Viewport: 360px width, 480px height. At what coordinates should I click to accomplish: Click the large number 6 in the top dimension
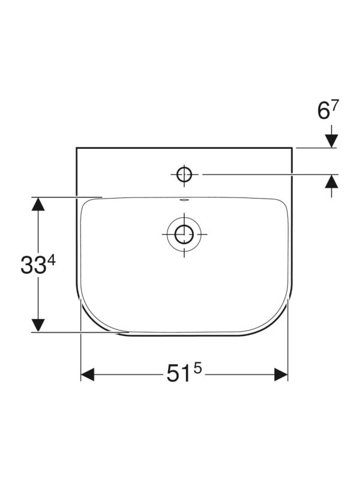point(323,112)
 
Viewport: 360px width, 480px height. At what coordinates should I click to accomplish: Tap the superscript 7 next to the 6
point(334,106)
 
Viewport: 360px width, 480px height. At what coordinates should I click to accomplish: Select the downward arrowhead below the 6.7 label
point(331,140)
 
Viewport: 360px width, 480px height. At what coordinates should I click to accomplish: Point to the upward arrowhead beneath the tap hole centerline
point(331,182)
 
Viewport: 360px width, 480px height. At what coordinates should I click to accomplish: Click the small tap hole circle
point(184,174)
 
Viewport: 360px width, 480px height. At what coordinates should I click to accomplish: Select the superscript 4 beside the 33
point(52,260)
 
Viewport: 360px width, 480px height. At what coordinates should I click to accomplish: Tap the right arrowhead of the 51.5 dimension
point(281,374)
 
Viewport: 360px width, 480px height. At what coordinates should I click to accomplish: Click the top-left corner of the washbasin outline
point(77,148)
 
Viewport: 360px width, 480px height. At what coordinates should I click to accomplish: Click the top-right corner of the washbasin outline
point(293,148)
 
